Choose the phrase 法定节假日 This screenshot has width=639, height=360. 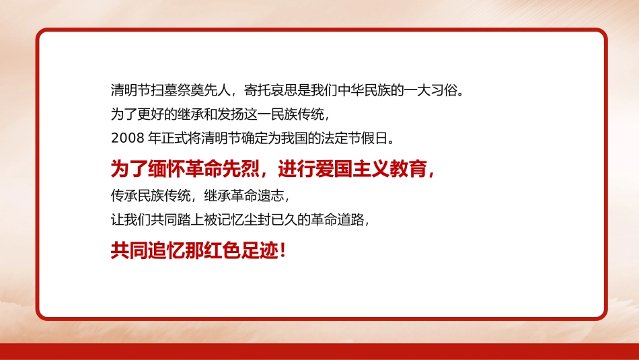361,139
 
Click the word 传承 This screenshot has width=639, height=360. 124,196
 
